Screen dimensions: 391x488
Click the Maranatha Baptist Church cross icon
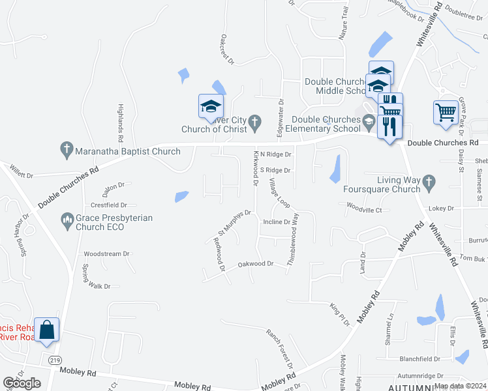pyautogui.click(x=66, y=150)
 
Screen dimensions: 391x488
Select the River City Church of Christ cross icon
pyautogui.click(x=255, y=121)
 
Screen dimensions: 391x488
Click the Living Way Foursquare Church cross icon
pyautogui.click(x=429, y=183)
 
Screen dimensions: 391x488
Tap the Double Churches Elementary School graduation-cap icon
pyautogui.click(x=369, y=122)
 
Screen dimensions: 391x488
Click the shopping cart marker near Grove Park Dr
pyautogui.click(x=446, y=111)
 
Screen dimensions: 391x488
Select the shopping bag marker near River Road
pyautogui.click(x=47, y=330)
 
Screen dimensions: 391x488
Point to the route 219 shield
pyautogui.click(x=54, y=359)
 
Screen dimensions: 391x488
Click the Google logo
pyautogui.click(x=22, y=383)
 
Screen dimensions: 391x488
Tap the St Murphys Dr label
pyautogui.click(x=234, y=222)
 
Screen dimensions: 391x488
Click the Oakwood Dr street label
pyautogui.click(x=255, y=264)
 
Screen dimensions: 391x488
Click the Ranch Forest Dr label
pyautogui.click(x=279, y=348)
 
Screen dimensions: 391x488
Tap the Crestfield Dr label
pyautogui.click(x=109, y=205)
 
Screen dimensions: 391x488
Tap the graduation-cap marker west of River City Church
pyautogui.click(x=211, y=106)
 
